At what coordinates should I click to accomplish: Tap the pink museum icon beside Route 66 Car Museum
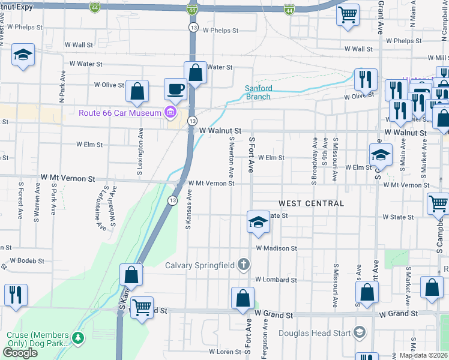tap(170, 112)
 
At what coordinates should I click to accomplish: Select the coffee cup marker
tap(175, 89)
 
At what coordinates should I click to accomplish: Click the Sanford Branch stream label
tap(258, 92)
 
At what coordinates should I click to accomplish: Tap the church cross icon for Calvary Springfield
tap(243, 264)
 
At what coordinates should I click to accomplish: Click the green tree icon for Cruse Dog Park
tap(78, 338)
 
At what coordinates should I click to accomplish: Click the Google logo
tap(20, 353)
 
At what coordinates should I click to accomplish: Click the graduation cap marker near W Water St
tap(23, 55)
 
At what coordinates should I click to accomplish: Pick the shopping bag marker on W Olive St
tap(137, 91)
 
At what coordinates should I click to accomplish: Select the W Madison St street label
tap(276, 248)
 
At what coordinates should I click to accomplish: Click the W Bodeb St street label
tap(26, 261)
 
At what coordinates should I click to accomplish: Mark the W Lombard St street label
tap(276, 280)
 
